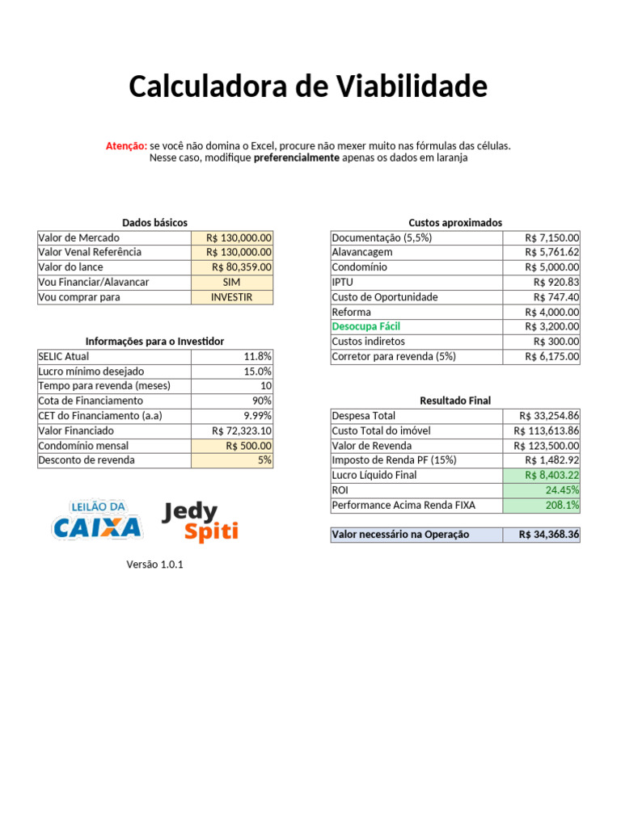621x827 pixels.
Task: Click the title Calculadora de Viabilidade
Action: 308,86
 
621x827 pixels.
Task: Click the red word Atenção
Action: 126,145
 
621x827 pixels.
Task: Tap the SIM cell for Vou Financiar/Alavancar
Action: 232,282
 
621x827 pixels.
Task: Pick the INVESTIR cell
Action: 232,297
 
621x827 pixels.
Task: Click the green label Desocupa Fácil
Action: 365,327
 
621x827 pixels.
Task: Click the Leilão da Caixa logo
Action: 97,521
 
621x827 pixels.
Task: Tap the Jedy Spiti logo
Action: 201,522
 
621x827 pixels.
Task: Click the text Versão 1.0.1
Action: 154,565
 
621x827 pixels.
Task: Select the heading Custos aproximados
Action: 455,222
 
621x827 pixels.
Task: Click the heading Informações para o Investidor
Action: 154,341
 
